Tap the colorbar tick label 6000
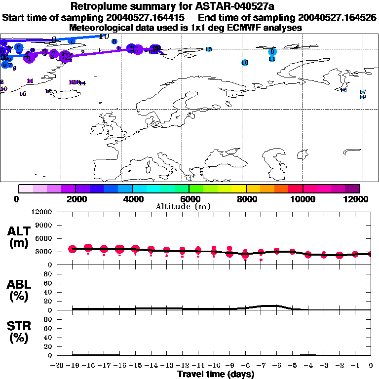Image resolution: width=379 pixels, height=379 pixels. coord(189,199)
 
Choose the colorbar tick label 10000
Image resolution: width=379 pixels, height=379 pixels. coord(303,199)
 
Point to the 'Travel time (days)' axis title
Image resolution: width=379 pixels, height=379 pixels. coord(216,374)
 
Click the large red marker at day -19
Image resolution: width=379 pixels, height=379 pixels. coord(73,249)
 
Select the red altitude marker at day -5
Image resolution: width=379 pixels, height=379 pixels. coord(293,252)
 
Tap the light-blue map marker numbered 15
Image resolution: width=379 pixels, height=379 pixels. coord(209,49)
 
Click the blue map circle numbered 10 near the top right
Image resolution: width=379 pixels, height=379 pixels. coord(245,63)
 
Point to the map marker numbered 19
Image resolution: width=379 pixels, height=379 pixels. coord(362,97)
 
